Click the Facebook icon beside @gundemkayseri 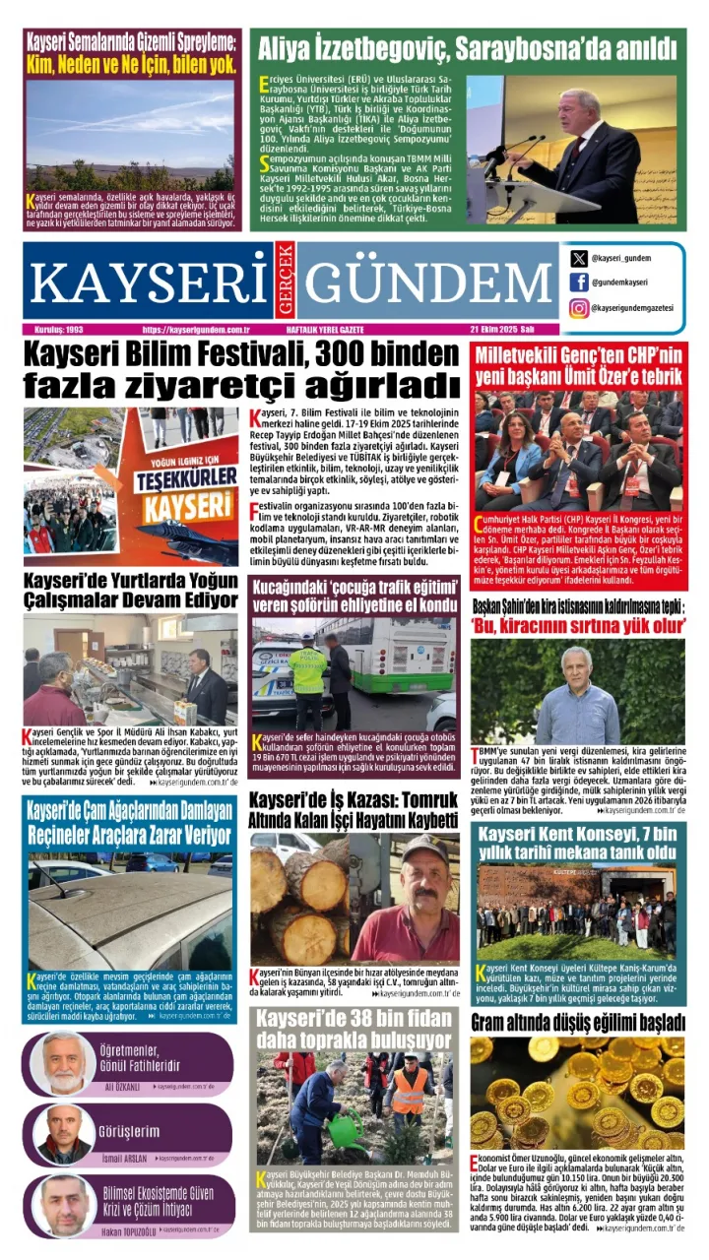[579, 283]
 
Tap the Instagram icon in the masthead [579, 308]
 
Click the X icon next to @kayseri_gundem [579, 259]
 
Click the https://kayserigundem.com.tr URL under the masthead [196, 329]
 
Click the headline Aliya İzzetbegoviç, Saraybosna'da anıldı [467, 47]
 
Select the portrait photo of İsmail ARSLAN [65, 1134]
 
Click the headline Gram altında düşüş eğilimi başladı [577, 1022]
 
